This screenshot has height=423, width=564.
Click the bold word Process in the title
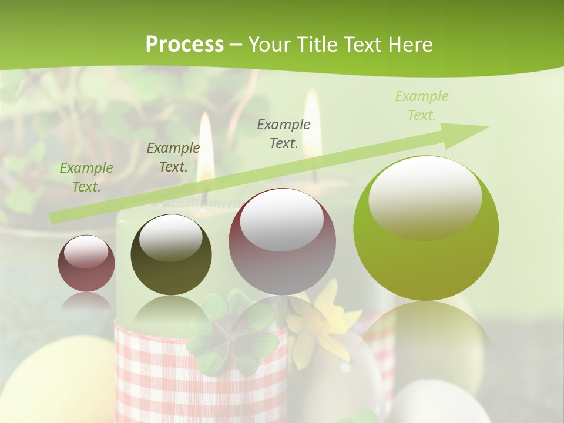[x=184, y=45]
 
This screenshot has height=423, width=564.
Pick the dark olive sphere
[x=171, y=255]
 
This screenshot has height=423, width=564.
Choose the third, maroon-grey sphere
[x=282, y=241]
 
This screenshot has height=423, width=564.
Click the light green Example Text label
[x=421, y=106]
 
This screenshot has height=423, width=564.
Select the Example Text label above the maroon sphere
[x=284, y=133]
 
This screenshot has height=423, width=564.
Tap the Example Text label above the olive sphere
[x=173, y=157]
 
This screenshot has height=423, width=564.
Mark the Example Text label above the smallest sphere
[x=86, y=177]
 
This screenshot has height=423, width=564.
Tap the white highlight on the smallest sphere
[x=86, y=251]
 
